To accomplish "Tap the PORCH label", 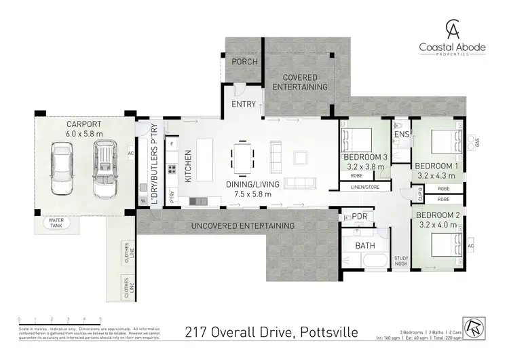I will coord(244,62).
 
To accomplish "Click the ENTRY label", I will coord(243,104).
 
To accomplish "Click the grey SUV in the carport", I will coord(106,170).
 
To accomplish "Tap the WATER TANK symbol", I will coord(55,223).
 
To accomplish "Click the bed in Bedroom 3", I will coord(357,141).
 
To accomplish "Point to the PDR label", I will coord(360,216).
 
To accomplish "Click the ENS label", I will coord(401,134).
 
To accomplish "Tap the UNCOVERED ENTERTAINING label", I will coord(244,226).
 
